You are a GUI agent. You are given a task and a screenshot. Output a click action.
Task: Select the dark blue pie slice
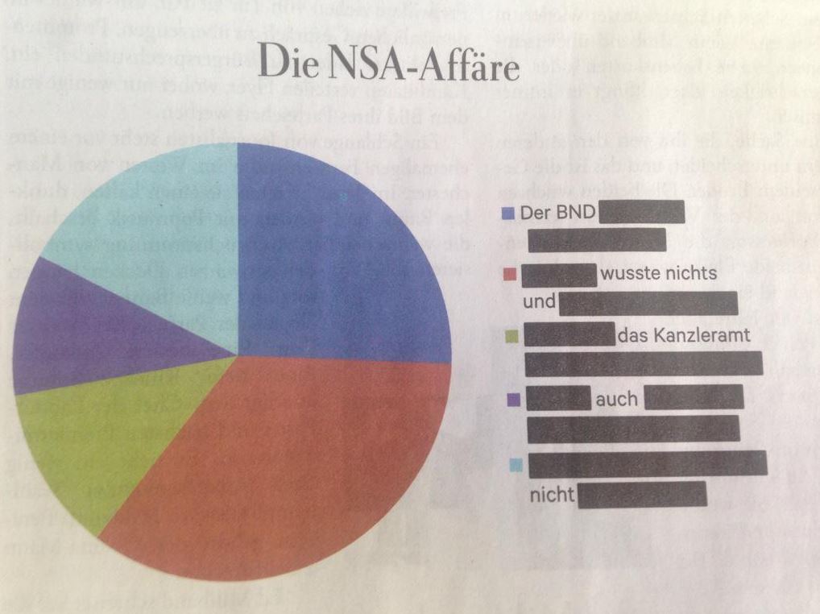338,258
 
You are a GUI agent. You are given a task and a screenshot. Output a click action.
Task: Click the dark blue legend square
508,214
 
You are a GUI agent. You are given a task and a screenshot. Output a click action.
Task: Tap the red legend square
508,274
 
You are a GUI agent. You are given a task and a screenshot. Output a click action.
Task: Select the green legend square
511,335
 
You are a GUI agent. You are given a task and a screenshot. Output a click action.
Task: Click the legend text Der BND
557,214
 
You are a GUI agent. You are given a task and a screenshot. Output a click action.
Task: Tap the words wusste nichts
658,274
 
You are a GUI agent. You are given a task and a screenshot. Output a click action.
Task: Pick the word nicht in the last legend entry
551,495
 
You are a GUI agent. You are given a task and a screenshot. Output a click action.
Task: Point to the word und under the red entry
539,304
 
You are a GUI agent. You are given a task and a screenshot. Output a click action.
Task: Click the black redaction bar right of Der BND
642,213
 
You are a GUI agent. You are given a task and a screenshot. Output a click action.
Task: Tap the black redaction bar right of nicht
642,495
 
